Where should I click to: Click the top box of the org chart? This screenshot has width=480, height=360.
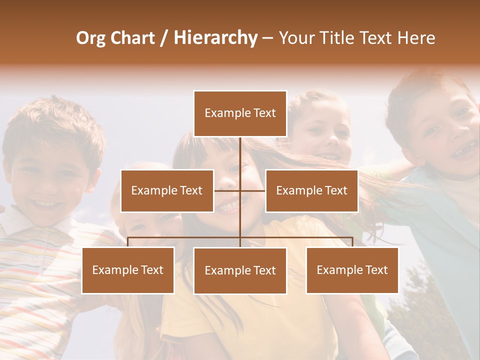(240, 113)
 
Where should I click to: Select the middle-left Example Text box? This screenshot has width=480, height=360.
(167, 190)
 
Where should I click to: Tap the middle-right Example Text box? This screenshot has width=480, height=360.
(311, 190)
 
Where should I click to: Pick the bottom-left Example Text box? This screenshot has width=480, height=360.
(128, 270)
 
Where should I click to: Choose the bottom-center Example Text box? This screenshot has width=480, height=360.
(240, 270)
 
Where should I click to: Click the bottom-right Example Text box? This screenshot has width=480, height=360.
(352, 270)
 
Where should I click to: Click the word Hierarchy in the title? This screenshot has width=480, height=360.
(215, 38)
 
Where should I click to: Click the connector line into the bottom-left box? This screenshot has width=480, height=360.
(128, 242)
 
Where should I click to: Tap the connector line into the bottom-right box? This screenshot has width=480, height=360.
(352, 242)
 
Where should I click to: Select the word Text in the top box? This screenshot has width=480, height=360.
(264, 113)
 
